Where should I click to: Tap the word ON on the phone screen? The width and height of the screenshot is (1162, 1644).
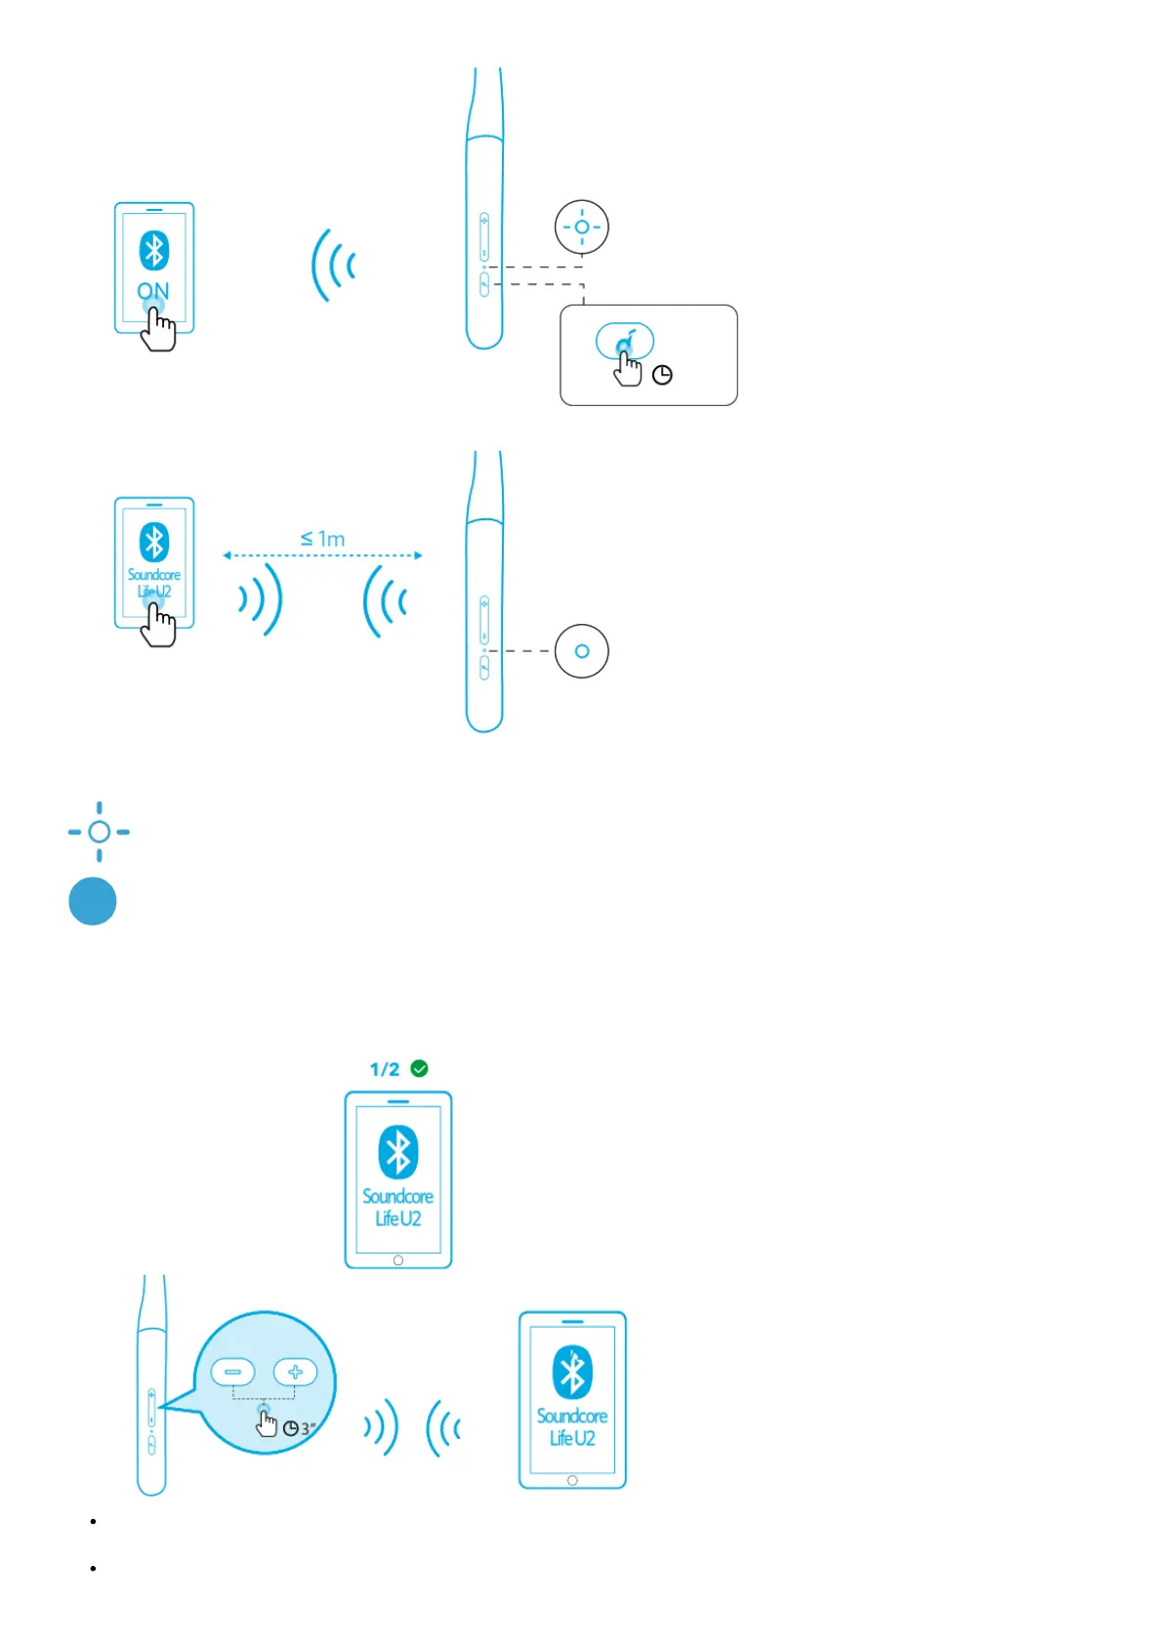153,291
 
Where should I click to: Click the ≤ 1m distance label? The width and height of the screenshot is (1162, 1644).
323,539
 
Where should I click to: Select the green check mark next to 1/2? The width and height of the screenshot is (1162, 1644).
420,1069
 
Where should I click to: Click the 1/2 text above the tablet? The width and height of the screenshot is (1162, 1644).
385,1070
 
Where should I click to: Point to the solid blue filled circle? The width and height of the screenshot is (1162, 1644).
93,901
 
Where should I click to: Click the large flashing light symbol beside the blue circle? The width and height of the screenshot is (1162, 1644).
99,832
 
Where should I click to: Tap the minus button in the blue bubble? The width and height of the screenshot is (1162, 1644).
232,1372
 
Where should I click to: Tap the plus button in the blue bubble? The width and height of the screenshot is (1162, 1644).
295,1372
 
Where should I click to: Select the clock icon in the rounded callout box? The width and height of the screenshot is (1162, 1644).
662,375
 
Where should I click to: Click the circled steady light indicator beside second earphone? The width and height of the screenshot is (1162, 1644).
582,651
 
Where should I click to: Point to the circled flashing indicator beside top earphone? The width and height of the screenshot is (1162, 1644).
582,227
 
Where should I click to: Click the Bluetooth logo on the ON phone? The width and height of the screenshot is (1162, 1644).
154,251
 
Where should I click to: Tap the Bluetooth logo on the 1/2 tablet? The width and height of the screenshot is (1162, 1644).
398,1152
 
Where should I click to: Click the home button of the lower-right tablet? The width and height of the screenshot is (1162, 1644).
572,1480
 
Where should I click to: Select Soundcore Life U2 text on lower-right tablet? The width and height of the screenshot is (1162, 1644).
572,1426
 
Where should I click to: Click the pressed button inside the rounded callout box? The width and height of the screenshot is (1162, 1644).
625,342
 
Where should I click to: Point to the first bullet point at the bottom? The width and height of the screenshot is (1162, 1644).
93,1521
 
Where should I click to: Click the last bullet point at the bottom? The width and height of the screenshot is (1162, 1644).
93,1568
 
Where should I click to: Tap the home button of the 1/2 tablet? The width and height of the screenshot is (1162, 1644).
398,1260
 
